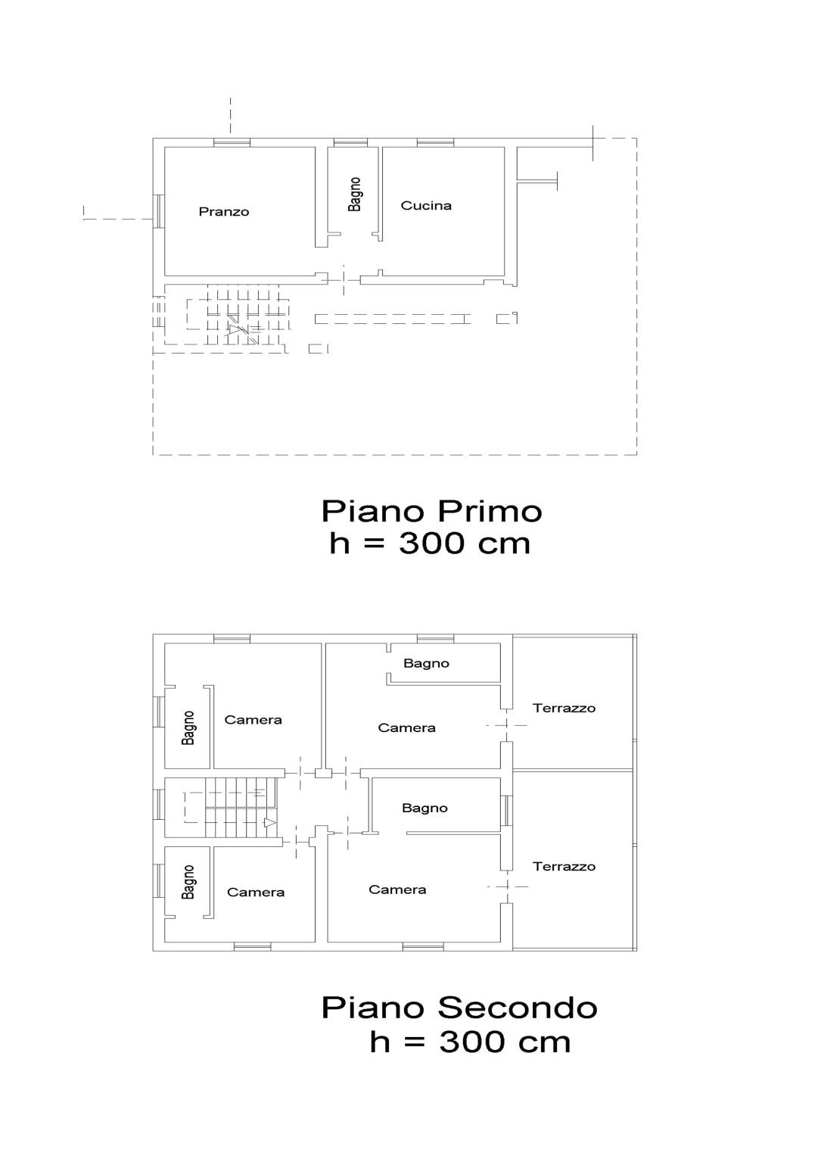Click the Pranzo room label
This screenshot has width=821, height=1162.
[x=223, y=212]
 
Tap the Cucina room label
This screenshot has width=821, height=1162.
[x=426, y=205]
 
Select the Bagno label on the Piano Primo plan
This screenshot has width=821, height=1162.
[x=355, y=195]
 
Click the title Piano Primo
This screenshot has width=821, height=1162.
[x=431, y=511]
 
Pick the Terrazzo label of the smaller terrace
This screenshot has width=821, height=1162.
[x=564, y=708]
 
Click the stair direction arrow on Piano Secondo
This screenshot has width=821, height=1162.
[x=269, y=823]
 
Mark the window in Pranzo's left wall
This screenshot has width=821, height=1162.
[x=159, y=211]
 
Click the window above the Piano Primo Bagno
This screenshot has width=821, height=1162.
[x=350, y=142]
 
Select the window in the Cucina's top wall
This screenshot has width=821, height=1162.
[x=435, y=142]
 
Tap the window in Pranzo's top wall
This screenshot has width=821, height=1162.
[x=232, y=142]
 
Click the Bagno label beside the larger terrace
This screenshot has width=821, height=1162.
[x=424, y=808]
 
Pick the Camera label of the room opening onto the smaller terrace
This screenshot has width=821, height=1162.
[x=406, y=727]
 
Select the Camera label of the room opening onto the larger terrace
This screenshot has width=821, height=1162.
[x=397, y=889]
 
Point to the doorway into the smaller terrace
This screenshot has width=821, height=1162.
[x=507, y=725]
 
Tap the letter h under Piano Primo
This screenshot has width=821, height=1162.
[x=339, y=544]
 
